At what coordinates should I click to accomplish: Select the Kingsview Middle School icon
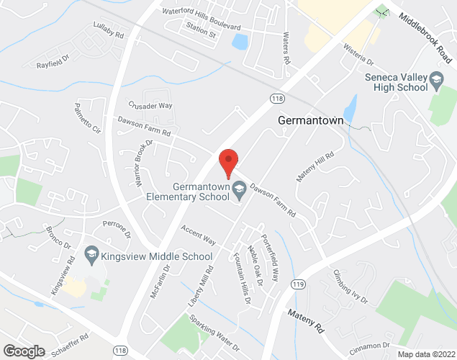point(91,255)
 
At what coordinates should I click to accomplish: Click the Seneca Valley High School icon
point(435,78)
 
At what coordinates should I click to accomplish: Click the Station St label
point(201,33)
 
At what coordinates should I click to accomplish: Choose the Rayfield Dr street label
point(53,64)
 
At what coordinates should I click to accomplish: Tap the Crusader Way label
point(150,105)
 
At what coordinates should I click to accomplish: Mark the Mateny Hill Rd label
point(316,166)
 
